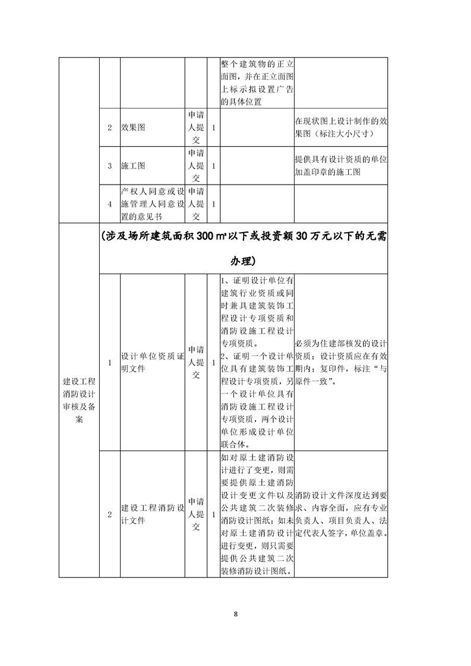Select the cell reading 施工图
pos(133,166)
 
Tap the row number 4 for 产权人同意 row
pos(110,204)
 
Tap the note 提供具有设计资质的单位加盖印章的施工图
pos(340,166)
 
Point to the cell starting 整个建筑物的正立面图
pos(257,83)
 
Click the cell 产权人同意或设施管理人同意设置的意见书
pos(153,204)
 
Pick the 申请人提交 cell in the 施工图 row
pos(195,166)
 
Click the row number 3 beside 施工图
pos(110,166)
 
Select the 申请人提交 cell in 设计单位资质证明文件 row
pos(195,362)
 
